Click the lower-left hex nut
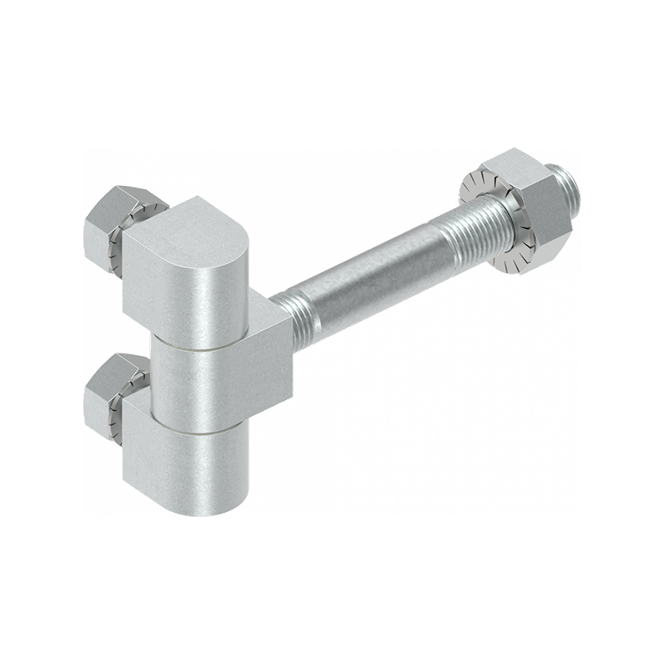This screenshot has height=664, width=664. coord(106,390)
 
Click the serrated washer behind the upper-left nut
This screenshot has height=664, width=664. coord(124,245)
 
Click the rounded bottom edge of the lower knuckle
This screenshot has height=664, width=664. coord(207,508)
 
